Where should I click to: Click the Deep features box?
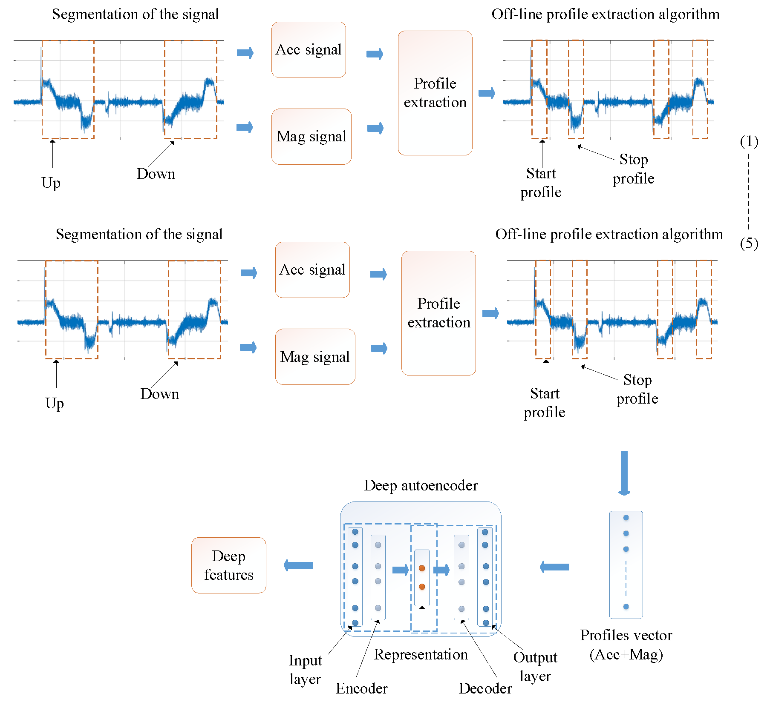click(228, 565)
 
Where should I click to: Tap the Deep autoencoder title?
click(421, 485)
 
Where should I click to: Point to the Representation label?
click(421, 654)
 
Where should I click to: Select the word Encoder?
click(361, 688)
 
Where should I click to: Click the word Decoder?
click(485, 688)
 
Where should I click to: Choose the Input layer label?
click(305, 669)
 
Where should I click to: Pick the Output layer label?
click(535, 667)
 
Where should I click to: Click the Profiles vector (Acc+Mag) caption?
click(626, 645)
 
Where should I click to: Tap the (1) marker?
click(749, 141)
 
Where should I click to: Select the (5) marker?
click(749, 244)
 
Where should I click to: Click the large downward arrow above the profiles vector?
click(624, 473)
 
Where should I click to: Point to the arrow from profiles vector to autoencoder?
click(554, 567)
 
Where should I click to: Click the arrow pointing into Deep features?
click(298, 565)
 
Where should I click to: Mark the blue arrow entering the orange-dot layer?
click(401, 570)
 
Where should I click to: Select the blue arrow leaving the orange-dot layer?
click(441, 570)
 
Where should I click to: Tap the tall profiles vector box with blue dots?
click(626, 565)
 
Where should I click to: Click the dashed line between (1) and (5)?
click(748, 192)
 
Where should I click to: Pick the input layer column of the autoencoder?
click(355, 577)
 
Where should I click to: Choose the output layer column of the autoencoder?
click(485, 577)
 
